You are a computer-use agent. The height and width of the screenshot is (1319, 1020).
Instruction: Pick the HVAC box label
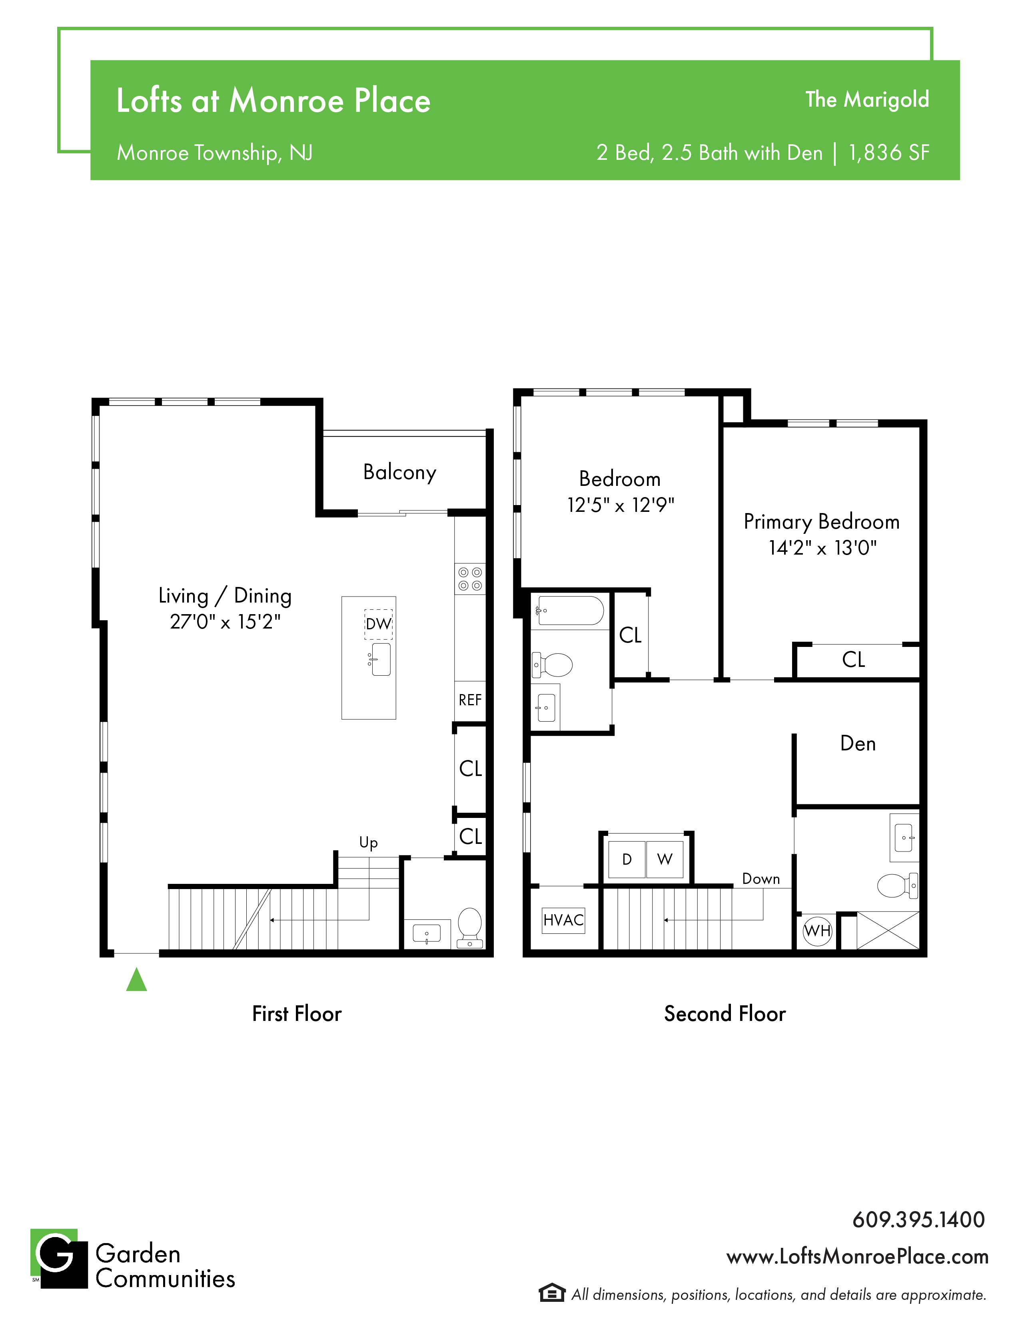coord(563,920)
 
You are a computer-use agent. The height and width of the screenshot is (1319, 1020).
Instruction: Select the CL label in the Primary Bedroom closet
coord(854,659)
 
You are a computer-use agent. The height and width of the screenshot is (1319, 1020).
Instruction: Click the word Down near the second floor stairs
coord(761,879)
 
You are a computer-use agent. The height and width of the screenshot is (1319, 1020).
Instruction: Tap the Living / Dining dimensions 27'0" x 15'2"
coord(226,621)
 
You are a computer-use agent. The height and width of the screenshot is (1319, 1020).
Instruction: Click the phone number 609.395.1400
coord(918,1220)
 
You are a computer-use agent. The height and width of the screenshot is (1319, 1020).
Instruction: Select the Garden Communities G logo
coord(59,1259)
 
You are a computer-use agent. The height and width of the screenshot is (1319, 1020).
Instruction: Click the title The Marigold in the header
coord(867,99)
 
